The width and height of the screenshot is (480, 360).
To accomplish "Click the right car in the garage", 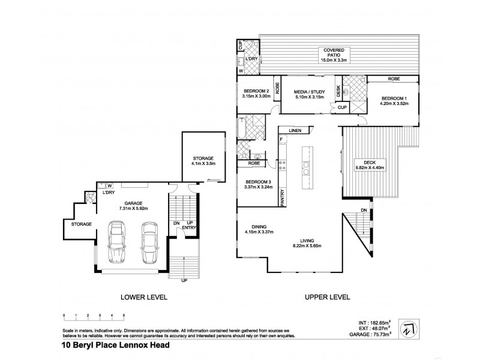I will tap(149, 242).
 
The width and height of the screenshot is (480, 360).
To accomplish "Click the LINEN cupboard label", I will tap(295, 130).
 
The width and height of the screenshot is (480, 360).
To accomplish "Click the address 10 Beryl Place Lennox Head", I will tap(116, 346).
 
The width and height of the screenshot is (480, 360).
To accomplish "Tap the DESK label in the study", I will tap(338, 91).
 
